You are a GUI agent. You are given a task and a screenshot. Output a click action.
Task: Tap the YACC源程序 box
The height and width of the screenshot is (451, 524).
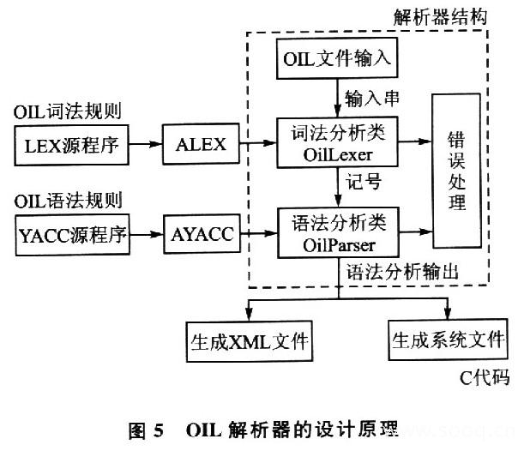(x=73, y=234)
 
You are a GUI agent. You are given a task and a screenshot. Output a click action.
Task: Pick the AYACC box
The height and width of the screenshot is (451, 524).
(x=202, y=234)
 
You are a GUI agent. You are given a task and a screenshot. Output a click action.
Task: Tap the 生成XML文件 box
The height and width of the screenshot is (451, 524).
(x=248, y=339)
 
